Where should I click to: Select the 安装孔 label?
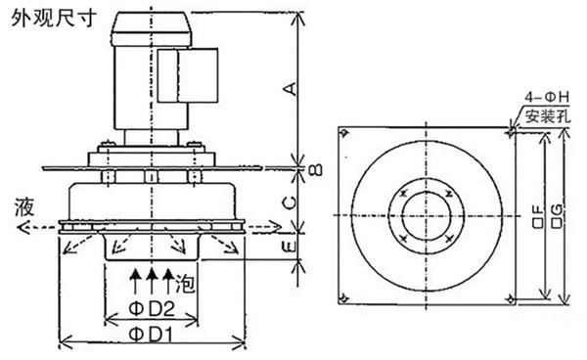click(546, 116)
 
